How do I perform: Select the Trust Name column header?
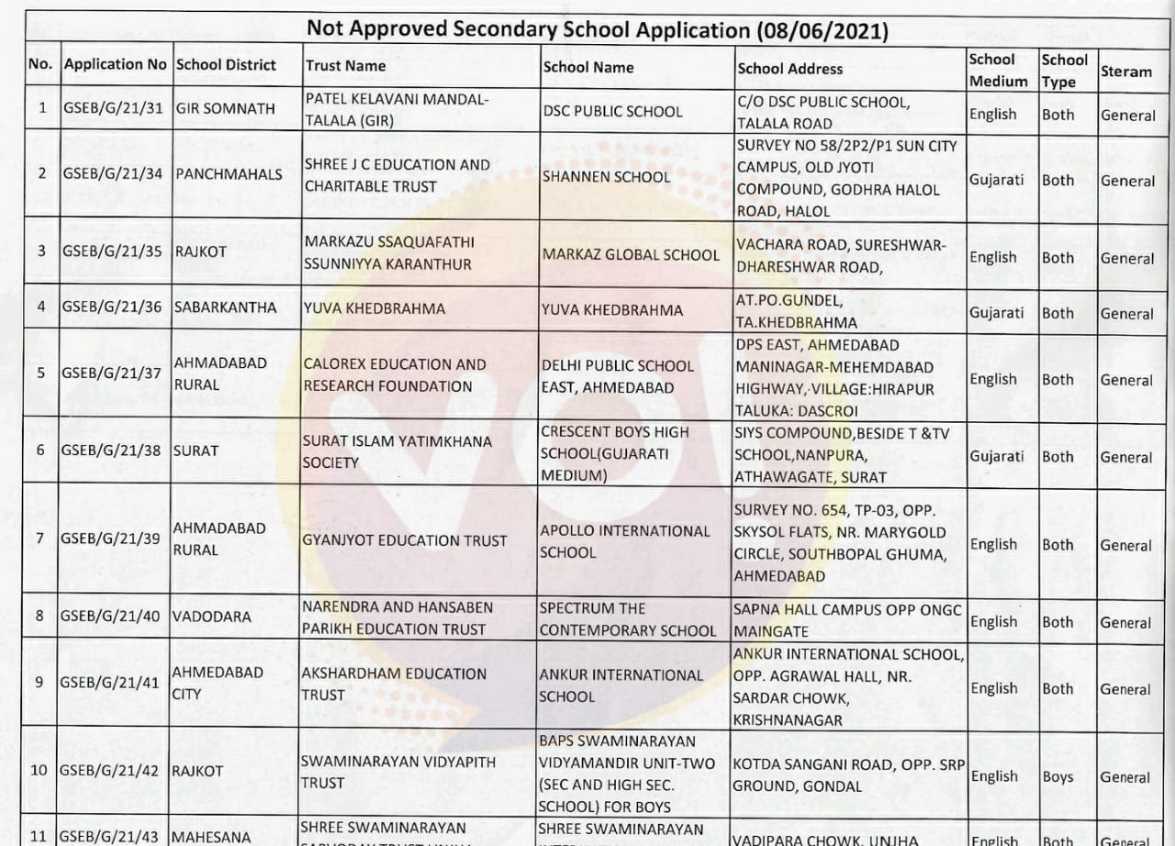click(345, 66)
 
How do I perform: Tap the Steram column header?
click(1125, 72)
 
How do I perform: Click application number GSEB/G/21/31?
click(113, 108)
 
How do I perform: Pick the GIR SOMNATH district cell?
click(225, 108)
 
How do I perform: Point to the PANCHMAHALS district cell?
click(229, 173)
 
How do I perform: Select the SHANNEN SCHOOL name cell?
click(606, 176)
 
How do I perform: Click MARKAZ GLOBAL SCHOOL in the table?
click(631, 254)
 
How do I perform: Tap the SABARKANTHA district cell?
click(225, 307)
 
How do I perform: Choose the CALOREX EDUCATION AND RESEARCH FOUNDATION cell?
click(395, 375)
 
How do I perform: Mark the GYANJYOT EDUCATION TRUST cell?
click(404, 540)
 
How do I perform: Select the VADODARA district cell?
click(211, 618)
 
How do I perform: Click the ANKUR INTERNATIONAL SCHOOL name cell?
click(621, 685)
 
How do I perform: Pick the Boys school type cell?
click(1057, 777)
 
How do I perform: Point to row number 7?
click(39, 538)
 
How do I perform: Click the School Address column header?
click(789, 68)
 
